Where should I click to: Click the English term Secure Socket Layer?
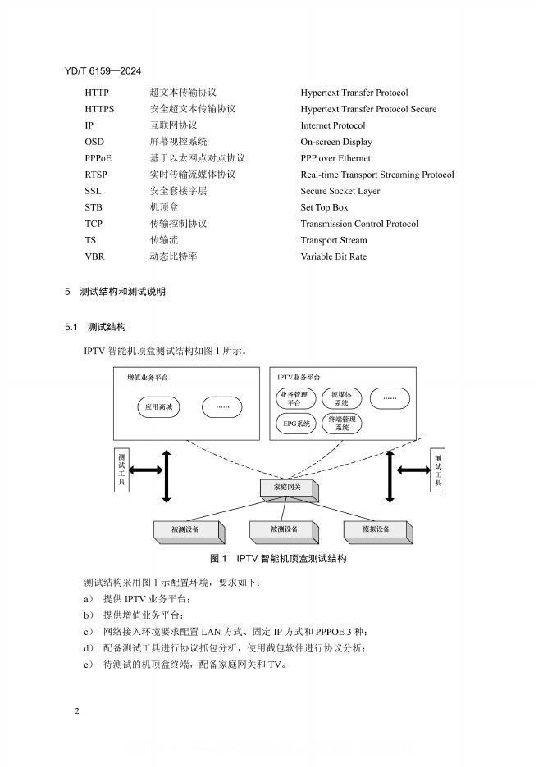coord(340,191)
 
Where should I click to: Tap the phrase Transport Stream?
coord(334,240)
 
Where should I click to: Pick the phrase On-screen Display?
coord(336,142)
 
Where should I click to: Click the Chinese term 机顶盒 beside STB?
coord(162,207)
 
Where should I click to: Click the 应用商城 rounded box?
coord(158,406)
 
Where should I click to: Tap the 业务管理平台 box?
coord(294,399)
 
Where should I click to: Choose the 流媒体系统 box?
coord(341,399)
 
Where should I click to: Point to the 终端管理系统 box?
coord(341,424)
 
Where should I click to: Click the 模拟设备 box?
coord(376,529)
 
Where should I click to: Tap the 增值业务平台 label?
coord(148,378)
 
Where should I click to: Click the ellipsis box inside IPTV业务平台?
coord(390,399)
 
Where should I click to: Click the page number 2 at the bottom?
coord(76,710)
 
